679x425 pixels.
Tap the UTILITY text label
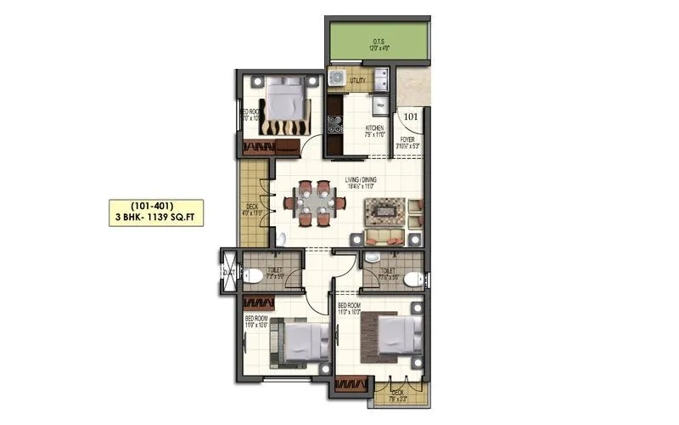pos(356,80)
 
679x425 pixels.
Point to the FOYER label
pos(407,140)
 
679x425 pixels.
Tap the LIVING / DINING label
pos(362,180)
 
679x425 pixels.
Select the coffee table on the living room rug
pos(384,209)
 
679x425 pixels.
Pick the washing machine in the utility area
pos(337,79)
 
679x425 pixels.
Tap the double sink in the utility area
pos(380,80)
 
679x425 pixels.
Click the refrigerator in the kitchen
pos(379,105)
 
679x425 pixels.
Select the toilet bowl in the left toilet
pos(253,275)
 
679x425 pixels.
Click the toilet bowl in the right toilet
pos(411,279)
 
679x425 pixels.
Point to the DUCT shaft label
pos(227,271)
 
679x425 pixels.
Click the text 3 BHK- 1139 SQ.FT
pos(156,218)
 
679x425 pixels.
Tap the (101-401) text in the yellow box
pos(156,206)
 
